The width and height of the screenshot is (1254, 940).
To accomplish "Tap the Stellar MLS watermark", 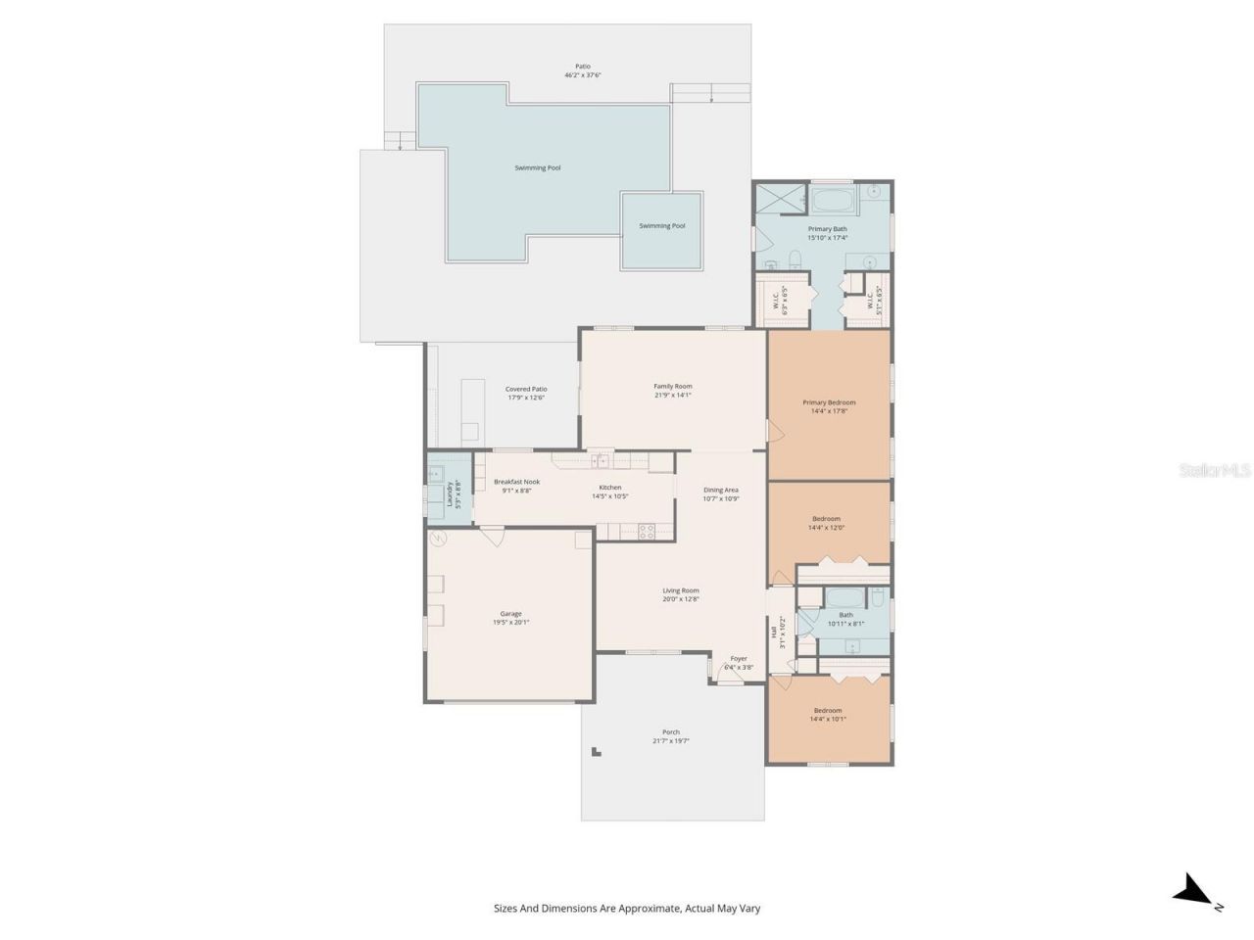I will click(1215, 471).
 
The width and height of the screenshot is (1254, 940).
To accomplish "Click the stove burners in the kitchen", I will click(647, 532).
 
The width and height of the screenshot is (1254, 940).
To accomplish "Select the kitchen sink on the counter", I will click(598, 460).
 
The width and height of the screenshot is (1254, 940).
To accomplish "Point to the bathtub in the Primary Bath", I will click(833, 204).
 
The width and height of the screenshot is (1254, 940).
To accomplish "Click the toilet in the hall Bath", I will click(878, 597).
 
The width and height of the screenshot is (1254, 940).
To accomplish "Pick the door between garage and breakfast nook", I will click(492, 536).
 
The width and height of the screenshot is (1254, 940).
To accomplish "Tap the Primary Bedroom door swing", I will click(774, 429).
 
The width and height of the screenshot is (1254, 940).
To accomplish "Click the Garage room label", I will click(510, 614).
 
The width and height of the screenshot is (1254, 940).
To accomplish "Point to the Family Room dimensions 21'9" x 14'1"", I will click(672, 396).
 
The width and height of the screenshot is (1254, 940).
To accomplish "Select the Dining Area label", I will click(720, 490).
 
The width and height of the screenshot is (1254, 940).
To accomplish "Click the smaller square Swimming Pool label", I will click(661, 226).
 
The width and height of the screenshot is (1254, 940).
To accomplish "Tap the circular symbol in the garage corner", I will click(437, 538).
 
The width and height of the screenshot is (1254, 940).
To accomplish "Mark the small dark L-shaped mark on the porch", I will click(595, 752).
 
